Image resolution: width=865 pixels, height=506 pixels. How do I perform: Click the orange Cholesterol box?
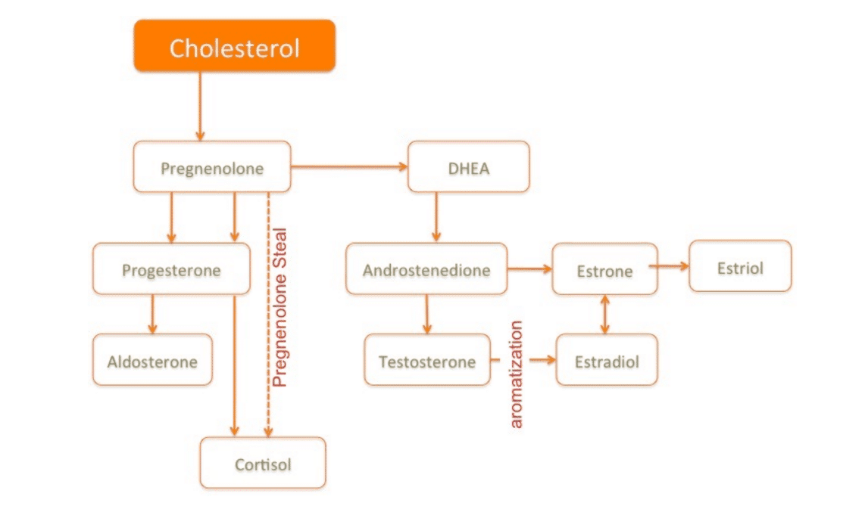(x=235, y=45)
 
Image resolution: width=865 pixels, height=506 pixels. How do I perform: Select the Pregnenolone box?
(x=212, y=167)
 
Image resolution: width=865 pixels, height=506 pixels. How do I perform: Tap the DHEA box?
(x=468, y=167)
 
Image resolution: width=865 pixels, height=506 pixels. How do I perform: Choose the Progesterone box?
(x=172, y=269)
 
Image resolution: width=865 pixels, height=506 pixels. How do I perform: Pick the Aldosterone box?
(x=152, y=359)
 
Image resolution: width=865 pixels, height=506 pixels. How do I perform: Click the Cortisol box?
(x=263, y=463)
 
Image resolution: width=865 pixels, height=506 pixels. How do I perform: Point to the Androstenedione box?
(x=426, y=269)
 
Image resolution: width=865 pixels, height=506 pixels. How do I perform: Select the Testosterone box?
(x=427, y=359)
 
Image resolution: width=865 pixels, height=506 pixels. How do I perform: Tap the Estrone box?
(x=604, y=269)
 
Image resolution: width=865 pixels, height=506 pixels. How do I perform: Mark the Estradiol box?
(x=607, y=359)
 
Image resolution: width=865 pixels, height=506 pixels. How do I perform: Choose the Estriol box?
(x=740, y=266)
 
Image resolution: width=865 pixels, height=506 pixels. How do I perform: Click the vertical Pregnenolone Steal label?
(x=279, y=307)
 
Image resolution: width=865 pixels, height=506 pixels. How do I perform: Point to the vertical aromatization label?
(x=516, y=374)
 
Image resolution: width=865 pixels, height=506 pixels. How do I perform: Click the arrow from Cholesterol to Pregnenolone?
(x=200, y=106)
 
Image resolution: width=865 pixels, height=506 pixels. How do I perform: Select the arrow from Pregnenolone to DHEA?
(x=349, y=166)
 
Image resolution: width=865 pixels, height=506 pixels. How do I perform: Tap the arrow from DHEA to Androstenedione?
(x=436, y=217)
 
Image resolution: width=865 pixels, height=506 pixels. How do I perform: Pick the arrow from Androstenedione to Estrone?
(x=529, y=269)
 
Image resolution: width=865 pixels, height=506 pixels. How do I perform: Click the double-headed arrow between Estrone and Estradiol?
(x=604, y=315)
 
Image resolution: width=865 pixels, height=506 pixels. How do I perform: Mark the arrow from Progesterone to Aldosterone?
(x=152, y=315)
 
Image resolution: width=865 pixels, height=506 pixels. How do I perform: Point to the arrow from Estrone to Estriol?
(x=670, y=266)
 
